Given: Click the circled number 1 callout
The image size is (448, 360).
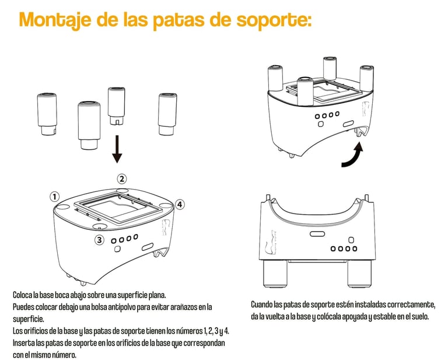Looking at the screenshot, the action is coord(55,197).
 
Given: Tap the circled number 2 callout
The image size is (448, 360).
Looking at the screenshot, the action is coord(122,179).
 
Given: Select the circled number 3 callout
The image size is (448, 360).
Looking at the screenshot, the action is coord(99,239).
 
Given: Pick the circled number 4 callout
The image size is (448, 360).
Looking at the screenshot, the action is coord(180,204).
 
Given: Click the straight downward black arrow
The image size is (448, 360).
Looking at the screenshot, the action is coord(117,149).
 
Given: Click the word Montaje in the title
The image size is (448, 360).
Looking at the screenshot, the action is coord(55,20).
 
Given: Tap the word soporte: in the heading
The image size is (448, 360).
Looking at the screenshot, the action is coord(274,20).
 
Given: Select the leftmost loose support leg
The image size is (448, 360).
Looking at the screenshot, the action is coord(47,114).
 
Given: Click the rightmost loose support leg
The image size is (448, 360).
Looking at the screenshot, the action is coord(168,114).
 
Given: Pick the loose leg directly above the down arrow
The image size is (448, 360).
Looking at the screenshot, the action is coord(116,106).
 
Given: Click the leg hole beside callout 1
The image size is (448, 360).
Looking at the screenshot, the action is coord(63,207).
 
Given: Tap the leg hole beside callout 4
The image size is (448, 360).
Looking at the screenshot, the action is coord(165,205).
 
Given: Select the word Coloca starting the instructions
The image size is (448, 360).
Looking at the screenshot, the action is coord(22,295).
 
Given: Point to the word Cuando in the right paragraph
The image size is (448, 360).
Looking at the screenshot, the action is coord(261,305).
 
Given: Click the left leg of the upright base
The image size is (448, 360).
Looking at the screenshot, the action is coord(275,274).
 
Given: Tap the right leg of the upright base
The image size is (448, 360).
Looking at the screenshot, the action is coord(359,274).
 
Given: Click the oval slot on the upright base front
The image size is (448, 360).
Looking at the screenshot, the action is coord(317,234).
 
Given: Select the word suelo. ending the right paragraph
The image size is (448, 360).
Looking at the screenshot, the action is coord(420,317).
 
